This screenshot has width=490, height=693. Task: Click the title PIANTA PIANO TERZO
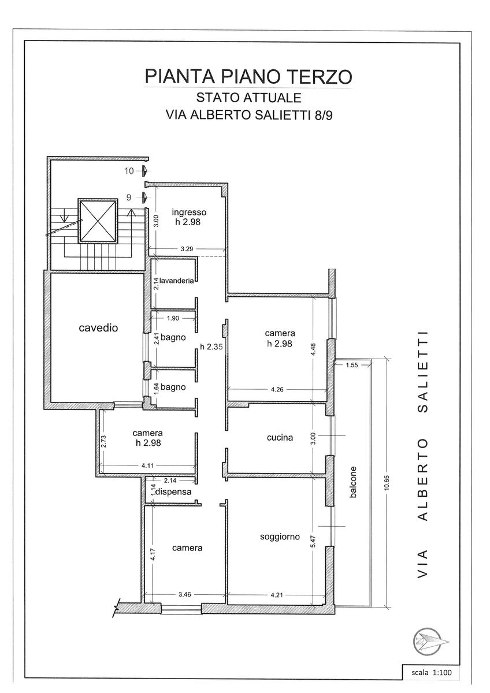(x=248, y=76)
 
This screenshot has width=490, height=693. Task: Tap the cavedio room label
(x=98, y=328)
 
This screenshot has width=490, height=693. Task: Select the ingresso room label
(x=189, y=212)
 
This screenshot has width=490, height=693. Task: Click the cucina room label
(x=280, y=437)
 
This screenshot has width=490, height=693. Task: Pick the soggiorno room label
(x=280, y=536)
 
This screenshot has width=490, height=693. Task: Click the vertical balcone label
(x=353, y=483)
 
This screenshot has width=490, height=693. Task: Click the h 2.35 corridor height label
(x=211, y=347)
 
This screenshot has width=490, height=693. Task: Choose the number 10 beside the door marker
(x=129, y=171)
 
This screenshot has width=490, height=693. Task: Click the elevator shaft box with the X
(x=98, y=221)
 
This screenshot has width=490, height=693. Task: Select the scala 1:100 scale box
(x=432, y=673)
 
